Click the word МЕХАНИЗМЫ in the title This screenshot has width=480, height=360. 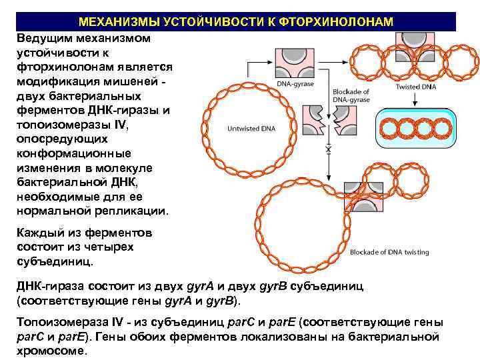click(x=114, y=23)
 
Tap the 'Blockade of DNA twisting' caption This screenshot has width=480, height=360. click(x=389, y=252)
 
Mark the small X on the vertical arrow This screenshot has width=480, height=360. click(x=327, y=151)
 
